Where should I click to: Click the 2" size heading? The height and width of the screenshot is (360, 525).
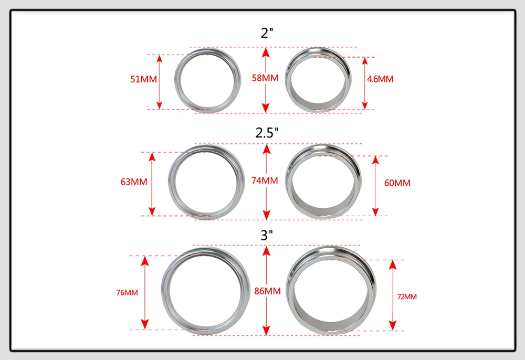267,33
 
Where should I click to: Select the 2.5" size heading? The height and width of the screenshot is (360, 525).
267,133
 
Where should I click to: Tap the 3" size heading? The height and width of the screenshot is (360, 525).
267,235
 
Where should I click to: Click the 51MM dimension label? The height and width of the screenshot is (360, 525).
144,79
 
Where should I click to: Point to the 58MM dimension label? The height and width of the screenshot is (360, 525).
265,78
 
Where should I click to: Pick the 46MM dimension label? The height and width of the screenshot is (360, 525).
380,79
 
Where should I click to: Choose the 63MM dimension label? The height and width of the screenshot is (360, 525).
134,182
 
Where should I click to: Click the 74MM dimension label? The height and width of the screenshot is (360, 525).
265,181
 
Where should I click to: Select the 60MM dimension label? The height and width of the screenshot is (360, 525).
397,183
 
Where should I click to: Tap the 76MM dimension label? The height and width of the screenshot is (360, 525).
127,293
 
